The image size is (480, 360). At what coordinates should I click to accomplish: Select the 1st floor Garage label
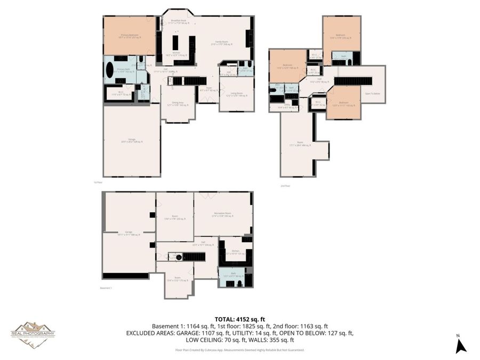(131, 140)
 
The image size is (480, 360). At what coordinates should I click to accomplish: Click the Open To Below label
(372, 94)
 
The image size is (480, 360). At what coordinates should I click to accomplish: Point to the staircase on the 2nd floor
(353, 81)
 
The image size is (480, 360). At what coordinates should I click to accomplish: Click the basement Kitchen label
(235, 252)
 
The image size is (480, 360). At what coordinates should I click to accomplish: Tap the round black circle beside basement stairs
(179, 257)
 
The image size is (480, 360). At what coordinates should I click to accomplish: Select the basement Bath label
(231, 274)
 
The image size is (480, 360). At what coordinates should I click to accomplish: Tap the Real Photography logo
(33, 334)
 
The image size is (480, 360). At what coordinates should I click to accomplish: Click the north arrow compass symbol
(461, 345)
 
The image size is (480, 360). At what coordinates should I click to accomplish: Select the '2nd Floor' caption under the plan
(285, 186)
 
